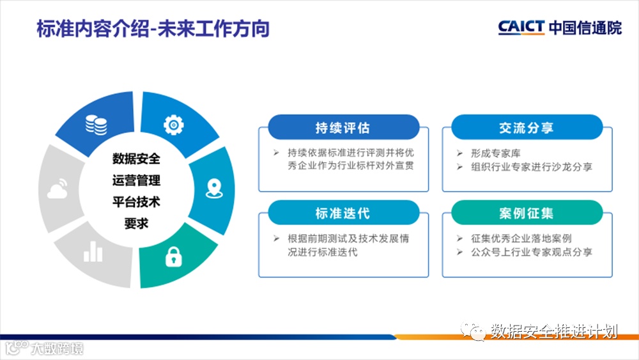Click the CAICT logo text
[521, 27]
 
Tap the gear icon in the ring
[174, 125]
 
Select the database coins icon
[96, 125]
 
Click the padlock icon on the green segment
[174, 257]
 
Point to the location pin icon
[214, 189]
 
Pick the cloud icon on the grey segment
[58, 189]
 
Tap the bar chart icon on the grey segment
[93, 251]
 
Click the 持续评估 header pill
[344, 127]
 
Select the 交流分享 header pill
[527, 127]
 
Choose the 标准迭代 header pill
[344, 212]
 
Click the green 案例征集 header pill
[527, 212]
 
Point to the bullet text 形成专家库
[496, 153]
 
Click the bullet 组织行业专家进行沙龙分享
[532, 167]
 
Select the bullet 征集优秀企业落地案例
[521, 238]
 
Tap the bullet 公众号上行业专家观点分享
[532, 252]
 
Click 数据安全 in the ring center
[136, 159]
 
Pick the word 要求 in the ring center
[136, 223]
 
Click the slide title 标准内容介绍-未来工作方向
[153, 29]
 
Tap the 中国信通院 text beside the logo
[585, 27]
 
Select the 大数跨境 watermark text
[57, 348]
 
